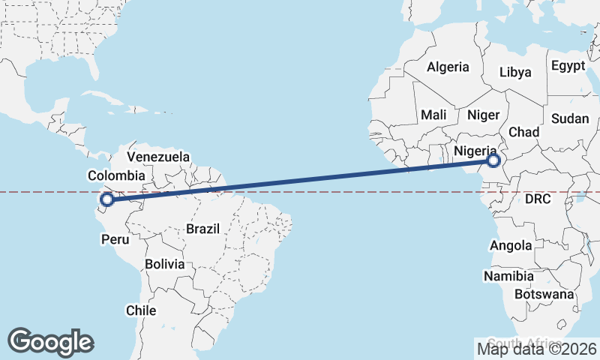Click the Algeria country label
click(448, 67)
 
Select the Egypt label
click(568, 66)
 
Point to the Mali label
click(433, 115)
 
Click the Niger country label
click(483, 115)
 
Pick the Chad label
click(524, 132)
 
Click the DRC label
click(538, 199)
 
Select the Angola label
click(511, 245)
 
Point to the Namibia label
click(508, 276)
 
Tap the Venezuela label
click(158, 157)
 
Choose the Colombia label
click(116, 175)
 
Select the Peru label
click(115, 240)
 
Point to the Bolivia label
click(165, 264)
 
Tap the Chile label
click(141, 310)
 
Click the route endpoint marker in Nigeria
click(493, 160)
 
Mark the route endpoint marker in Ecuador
click(107, 199)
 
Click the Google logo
click(50, 342)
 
